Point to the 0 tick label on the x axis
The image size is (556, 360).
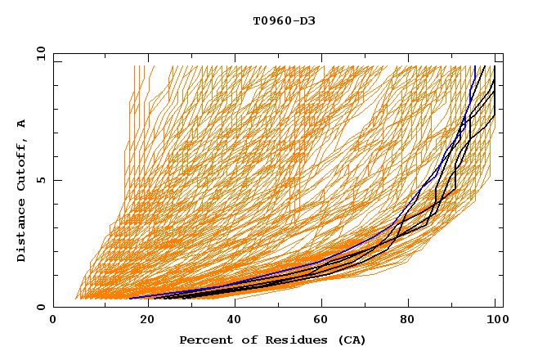(x=53, y=321)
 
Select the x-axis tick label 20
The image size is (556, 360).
(x=141, y=321)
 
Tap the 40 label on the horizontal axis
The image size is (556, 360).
(x=231, y=321)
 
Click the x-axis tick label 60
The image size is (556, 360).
(x=319, y=321)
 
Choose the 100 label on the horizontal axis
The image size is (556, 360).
(x=495, y=321)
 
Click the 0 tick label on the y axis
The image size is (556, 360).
(x=40, y=308)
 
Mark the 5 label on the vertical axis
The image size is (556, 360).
(x=40, y=181)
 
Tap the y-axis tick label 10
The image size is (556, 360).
(x=37, y=54)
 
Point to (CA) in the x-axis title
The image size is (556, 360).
(x=351, y=340)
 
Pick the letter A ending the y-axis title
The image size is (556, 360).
(x=21, y=124)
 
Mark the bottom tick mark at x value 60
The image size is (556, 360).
(x=319, y=304)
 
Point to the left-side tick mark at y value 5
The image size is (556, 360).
(x=56, y=181)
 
